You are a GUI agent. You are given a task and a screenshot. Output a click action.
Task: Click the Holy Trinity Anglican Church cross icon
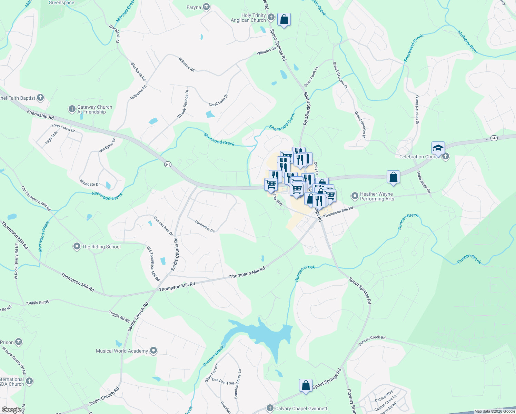271,17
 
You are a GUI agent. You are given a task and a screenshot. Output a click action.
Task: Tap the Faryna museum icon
206,7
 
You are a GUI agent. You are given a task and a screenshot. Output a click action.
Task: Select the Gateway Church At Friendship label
95,109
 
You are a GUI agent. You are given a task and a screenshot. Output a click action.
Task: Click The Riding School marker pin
77,246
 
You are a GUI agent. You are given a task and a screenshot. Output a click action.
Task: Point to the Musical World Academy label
122,351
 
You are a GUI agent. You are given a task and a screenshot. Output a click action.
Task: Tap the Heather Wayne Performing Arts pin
355,196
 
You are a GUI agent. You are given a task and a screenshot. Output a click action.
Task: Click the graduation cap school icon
438,148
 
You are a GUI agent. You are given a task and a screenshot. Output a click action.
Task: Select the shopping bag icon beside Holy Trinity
284,20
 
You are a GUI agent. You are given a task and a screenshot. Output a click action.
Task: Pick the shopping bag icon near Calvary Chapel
306,386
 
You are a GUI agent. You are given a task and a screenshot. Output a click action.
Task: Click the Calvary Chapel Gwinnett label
301,408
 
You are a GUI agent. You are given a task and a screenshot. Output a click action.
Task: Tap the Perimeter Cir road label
205,226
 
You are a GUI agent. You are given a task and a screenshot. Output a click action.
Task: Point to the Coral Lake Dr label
218,100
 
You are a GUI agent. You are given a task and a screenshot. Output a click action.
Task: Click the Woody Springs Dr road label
183,104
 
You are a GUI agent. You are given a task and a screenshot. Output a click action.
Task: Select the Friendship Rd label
40,114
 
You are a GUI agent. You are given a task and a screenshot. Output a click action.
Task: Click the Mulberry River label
468,42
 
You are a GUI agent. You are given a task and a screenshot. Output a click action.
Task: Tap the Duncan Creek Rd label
372,340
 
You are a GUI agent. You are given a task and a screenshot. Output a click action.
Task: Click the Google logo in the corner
11,410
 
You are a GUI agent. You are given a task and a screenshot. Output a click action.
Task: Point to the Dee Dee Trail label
223,381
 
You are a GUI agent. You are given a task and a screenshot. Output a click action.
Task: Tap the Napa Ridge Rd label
424,182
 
